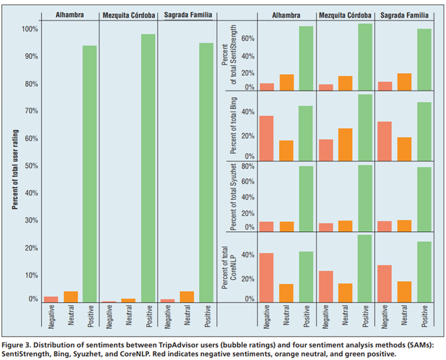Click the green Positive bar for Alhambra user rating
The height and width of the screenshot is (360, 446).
pos(89,174)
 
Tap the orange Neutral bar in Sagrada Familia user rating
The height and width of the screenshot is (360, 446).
pos(186,297)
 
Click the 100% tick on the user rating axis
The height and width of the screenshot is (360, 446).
pos(30,29)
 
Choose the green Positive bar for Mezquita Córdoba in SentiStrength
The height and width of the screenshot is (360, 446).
pos(365,57)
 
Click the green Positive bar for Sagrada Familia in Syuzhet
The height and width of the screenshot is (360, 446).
pos(424,199)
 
